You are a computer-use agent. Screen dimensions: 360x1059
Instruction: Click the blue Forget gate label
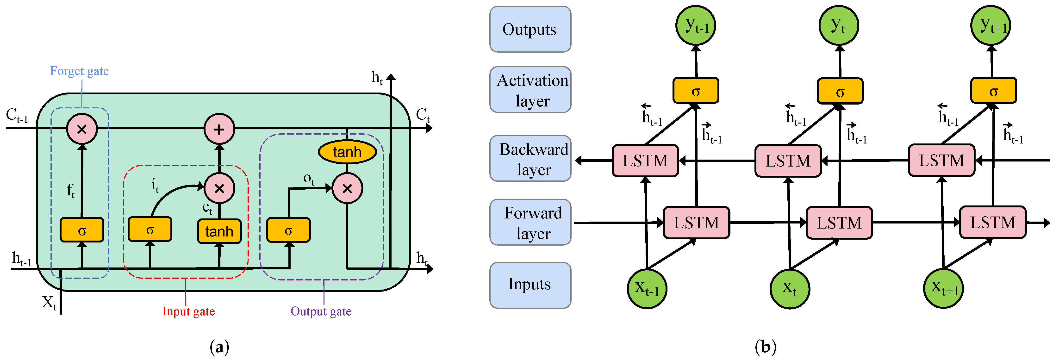pyautogui.click(x=79, y=71)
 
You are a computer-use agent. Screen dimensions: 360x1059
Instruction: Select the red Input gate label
pyautogui.click(x=188, y=311)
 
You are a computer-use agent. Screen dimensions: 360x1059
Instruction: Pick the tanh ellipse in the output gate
pyautogui.click(x=347, y=152)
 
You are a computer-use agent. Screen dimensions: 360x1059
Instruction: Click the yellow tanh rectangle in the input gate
pyautogui.click(x=219, y=231)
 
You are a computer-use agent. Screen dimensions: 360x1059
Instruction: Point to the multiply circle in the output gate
pyautogui.click(x=347, y=189)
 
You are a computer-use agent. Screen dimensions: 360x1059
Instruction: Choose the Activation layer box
pyautogui.click(x=530, y=90)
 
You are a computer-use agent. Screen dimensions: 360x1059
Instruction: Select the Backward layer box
pyautogui.click(x=530, y=159)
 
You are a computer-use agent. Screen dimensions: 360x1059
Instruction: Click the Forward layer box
pyautogui.click(x=530, y=222)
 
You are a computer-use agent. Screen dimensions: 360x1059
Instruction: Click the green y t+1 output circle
pyautogui.click(x=991, y=25)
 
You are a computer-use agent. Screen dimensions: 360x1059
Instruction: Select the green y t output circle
pyautogui.click(x=838, y=25)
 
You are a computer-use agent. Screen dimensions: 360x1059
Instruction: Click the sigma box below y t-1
pyautogui.click(x=696, y=91)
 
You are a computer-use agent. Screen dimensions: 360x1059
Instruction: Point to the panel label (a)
pyautogui.click(x=219, y=347)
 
